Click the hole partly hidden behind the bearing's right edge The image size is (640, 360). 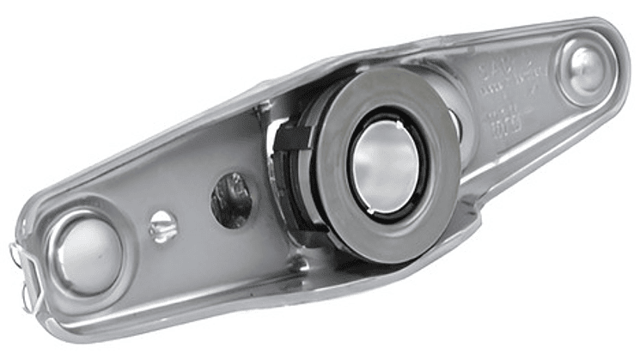(x=454, y=125)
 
